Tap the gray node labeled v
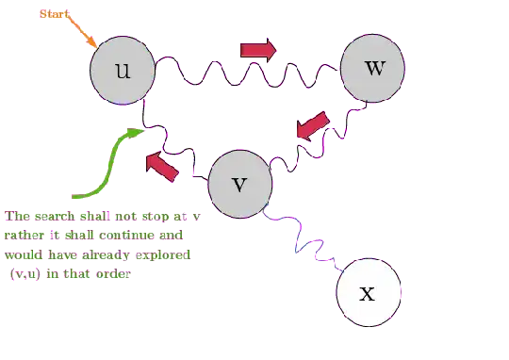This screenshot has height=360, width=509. (238, 183)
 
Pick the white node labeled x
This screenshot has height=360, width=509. (368, 291)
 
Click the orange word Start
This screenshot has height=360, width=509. (52, 16)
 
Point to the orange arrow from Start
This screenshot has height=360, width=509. (81, 35)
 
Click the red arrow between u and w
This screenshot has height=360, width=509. (256, 50)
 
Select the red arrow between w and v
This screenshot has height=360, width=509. (311, 129)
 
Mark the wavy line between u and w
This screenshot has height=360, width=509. (247, 73)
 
